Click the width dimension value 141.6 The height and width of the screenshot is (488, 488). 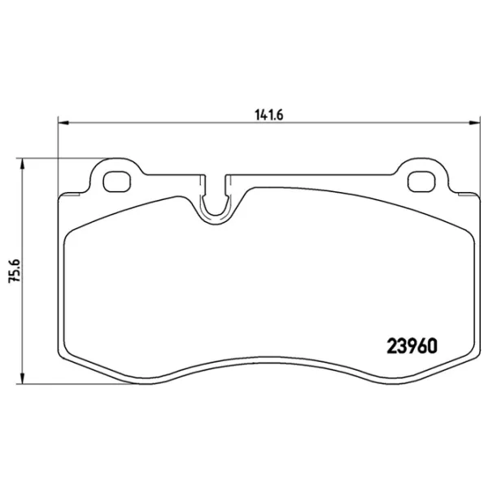click(267, 115)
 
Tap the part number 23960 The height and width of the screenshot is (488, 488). click(410, 345)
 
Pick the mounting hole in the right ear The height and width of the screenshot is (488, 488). click(421, 180)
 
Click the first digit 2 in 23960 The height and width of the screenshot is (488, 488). click(388, 345)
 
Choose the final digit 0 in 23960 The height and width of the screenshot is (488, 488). click(433, 345)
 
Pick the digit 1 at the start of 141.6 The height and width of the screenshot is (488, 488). click(254, 115)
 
